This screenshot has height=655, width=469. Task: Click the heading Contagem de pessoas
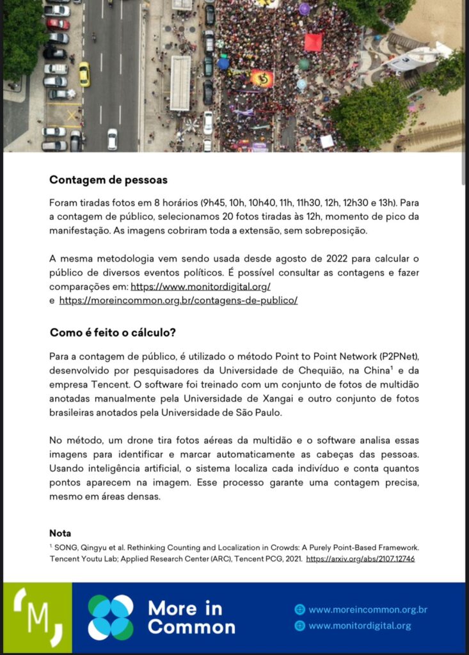pos(108,180)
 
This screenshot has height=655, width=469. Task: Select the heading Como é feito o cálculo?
pos(113,333)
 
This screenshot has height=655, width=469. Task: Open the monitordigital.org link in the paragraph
pos(200,287)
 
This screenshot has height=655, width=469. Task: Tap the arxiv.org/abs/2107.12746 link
pos(360,558)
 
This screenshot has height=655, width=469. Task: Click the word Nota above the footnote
pos(60,533)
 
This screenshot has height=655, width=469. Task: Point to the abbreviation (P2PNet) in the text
pos(396,356)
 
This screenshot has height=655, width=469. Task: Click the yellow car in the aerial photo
pos(84,74)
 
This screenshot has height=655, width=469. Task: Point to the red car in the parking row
pos(58,24)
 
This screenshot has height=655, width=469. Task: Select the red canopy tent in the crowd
pos(313,42)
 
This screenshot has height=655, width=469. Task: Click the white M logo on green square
pos(38,617)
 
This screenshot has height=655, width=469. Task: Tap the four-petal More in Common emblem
pos(111,617)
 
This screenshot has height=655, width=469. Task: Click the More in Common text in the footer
pos(191,617)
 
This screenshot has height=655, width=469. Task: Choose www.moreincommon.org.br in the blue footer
pos(367,610)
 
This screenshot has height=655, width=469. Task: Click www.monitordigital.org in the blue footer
pos(360,626)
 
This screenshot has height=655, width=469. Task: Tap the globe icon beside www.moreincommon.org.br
pos(299,610)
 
